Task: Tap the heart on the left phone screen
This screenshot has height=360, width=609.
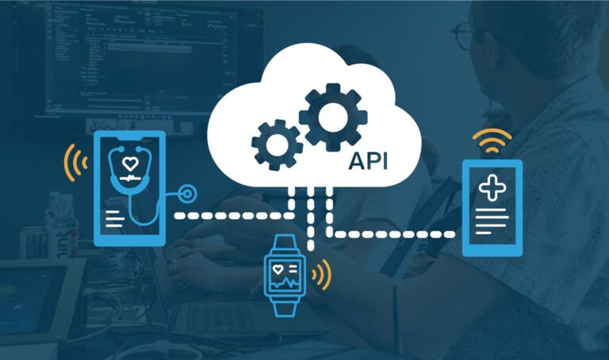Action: (x=130, y=164)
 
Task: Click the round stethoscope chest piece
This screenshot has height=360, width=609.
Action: (x=188, y=193)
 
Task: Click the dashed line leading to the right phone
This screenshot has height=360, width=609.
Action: (x=396, y=234)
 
